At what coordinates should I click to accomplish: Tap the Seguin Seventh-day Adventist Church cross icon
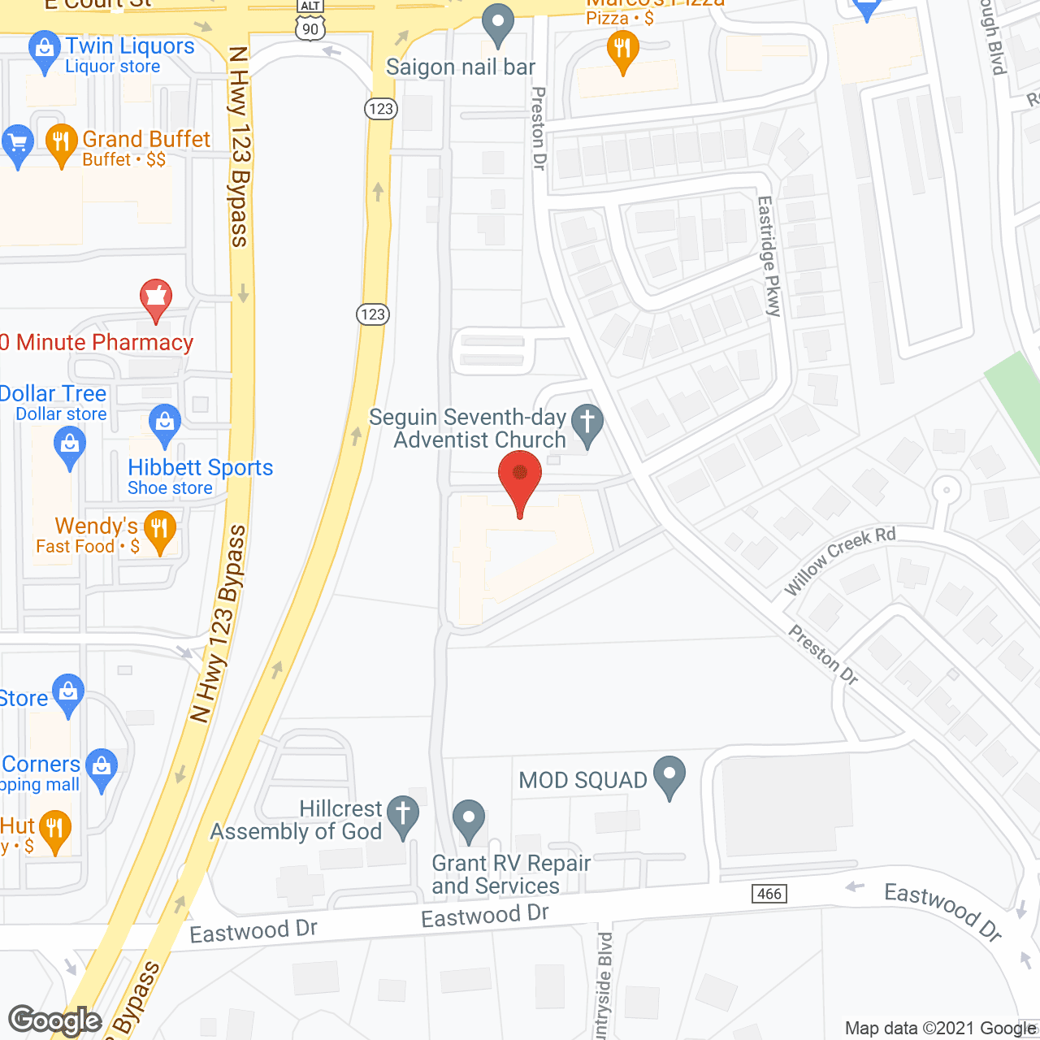click(x=587, y=423)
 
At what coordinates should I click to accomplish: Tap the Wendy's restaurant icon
click(x=160, y=529)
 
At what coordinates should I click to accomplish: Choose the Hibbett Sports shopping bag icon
click(x=165, y=422)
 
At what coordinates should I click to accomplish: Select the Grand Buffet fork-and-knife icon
click(x=62, y=143)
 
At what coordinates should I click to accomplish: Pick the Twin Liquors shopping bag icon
click(x=44, y=50)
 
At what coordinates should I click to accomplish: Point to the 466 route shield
click(x=769, y=894)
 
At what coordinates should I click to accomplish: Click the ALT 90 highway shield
click(x=310, y=22)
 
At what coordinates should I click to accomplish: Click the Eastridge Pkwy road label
click(x=769, y=255)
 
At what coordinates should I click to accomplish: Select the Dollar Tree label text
click(x=54, y=394)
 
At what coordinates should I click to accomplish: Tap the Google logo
click(x=55, y=1020)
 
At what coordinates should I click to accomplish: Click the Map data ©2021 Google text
click(x=940, y=1029)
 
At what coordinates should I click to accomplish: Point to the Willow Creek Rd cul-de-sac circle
click(x=946, y=491)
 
